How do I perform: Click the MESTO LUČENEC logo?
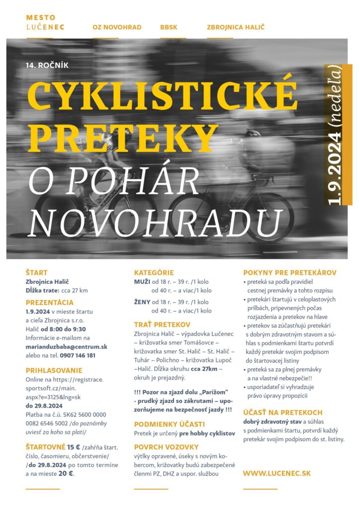coord(45,22)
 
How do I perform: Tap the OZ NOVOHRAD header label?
coord(117,27)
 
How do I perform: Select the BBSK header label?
coord(169,27)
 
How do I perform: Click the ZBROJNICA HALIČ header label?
coord(236,27)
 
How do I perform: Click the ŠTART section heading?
coord(37,272)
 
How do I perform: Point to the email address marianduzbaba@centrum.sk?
coord(67,346)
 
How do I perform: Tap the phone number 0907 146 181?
coord(78,355)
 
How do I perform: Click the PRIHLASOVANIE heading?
coord(54,370)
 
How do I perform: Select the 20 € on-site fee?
coord(66,474)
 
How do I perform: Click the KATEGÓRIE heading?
coord(154,272)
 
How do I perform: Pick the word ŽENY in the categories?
coord(142,302)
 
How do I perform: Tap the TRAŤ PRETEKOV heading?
coord(162,324)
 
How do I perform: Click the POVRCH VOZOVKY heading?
coord(166,446)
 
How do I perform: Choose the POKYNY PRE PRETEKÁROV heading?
coord(290,272)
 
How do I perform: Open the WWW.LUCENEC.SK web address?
coord(276,473)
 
